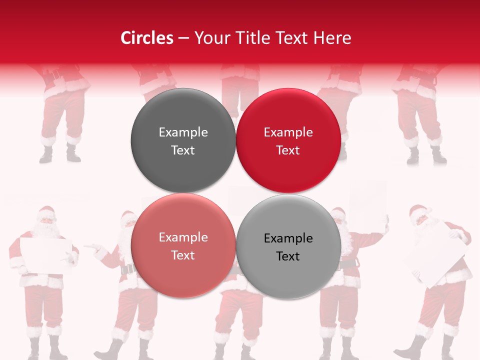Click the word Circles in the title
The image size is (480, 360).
147,38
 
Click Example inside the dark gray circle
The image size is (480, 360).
183,132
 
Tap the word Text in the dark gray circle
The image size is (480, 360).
183,150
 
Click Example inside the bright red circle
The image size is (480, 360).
288,132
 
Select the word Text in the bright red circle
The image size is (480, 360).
288,150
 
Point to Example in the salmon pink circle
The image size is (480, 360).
183,237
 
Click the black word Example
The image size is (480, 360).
288,238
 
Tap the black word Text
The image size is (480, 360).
288,256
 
